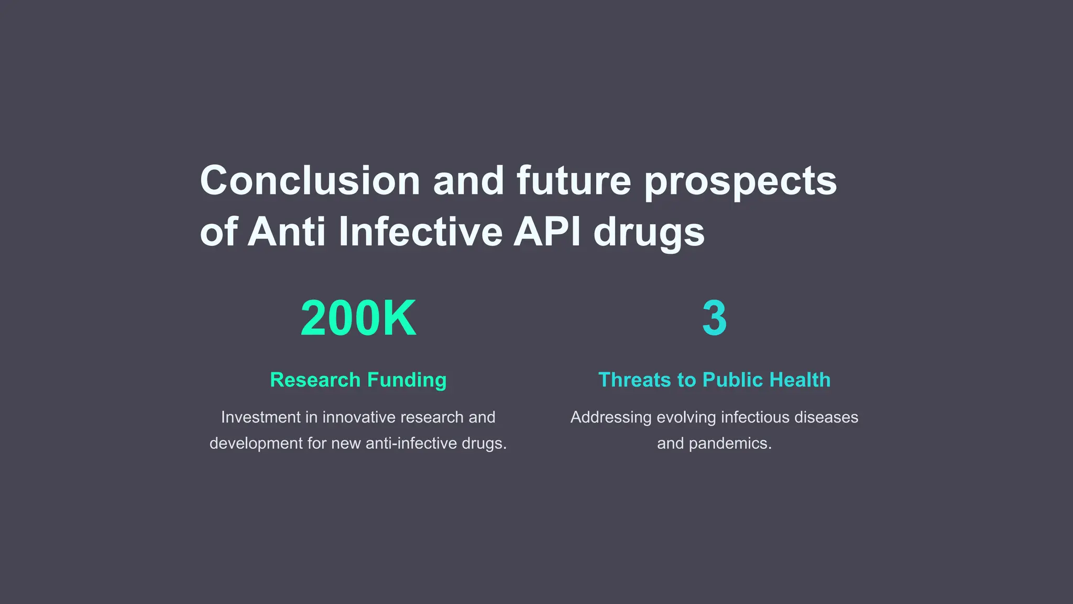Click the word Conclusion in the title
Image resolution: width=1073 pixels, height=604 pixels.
(310, 181)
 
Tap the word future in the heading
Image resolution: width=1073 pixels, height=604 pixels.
(574, 181)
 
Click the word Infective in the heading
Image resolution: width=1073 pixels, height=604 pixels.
(420, 232)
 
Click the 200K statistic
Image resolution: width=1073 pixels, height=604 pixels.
(358, 318)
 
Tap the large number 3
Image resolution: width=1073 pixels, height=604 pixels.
(714, 318)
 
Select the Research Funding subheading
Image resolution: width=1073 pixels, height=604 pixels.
(358, 380)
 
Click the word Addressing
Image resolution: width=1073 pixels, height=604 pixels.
(611, 417)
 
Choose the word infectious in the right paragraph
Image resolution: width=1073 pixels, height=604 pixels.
(755, 417)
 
